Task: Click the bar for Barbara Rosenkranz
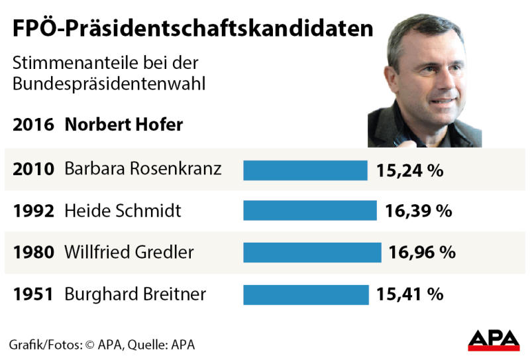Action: [305, 170]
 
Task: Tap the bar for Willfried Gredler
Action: [312, 252]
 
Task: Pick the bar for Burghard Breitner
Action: [305, 294]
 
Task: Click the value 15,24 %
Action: [409, 170]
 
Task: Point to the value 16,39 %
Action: [419, 211]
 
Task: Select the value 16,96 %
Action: [422, 253]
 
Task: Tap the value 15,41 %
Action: [410, 294]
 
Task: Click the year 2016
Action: [33, 125]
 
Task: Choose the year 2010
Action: [33, 170]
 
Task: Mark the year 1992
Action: [33, 211]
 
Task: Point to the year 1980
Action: [33, 253]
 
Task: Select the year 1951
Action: [33, 294]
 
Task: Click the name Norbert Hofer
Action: [123, 125]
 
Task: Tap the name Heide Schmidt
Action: [123, 211]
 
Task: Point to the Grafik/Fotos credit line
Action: [102, 345]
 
